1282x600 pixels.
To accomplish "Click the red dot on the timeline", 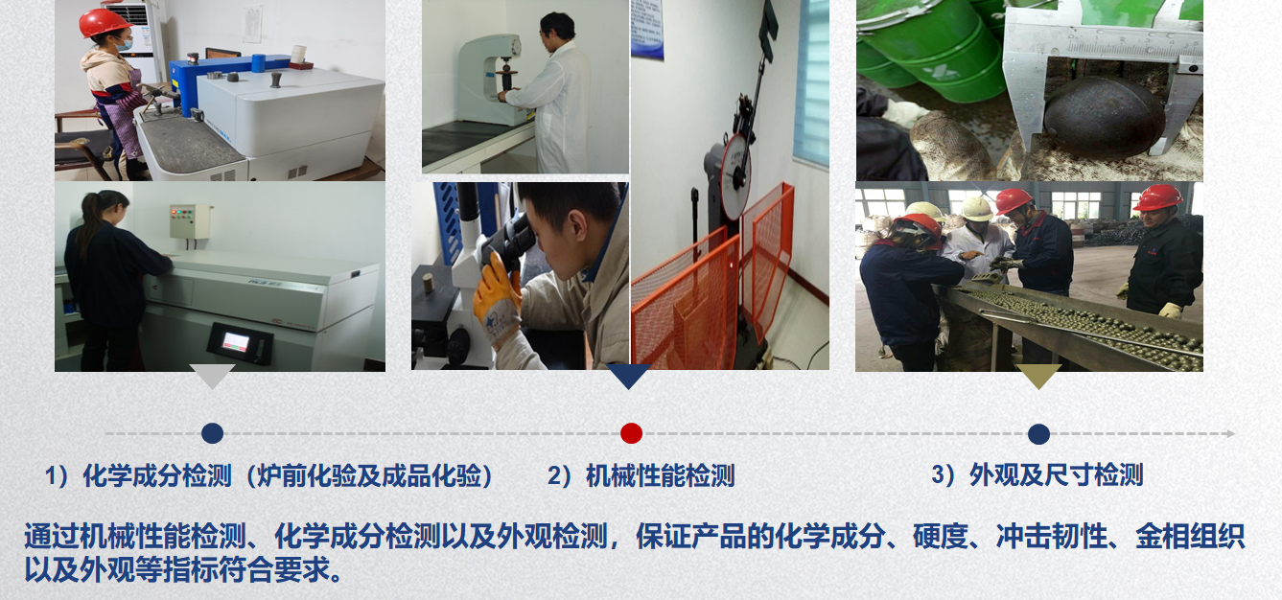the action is (631, 433).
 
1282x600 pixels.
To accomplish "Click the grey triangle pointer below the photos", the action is (212, 375).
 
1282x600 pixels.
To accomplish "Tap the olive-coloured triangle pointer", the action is (1038, 375).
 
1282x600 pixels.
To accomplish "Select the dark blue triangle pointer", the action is (628, 375).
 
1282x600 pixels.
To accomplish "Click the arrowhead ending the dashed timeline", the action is (1230, 433).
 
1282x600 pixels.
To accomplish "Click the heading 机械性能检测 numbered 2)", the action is (641, 476).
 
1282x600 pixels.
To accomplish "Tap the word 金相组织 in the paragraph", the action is (1189, 537).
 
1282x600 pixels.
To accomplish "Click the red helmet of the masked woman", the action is (103, 23).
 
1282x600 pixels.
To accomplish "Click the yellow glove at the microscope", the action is (496, 301).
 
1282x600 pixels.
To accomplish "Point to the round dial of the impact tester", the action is (735, 173).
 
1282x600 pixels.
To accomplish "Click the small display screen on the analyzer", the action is (235, 342).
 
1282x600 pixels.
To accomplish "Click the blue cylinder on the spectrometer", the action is (259, 63).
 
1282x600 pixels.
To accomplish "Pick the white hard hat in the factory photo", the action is (976, 209).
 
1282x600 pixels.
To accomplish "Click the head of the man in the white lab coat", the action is (557, 26).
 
